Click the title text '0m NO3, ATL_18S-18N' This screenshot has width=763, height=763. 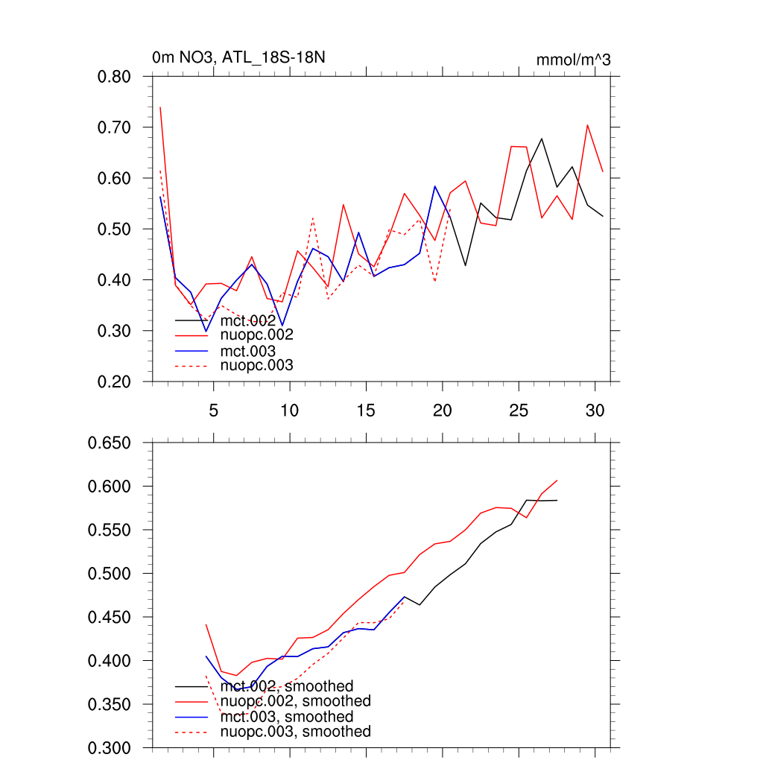click(x=238, y=57)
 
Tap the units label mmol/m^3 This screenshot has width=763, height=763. click(x=573, y=60)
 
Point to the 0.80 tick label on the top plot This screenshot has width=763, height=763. click(x=115, y=77)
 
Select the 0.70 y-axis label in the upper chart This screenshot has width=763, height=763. click(x=115, y=127)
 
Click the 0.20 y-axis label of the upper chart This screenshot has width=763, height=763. click(x=115, y=381)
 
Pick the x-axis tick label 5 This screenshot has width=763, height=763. click(x=213, y=411)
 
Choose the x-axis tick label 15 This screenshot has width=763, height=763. click(x=366, y=411)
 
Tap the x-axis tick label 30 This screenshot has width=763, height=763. click(x=595, y=411)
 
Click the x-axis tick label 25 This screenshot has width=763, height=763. click(x=519, y=411)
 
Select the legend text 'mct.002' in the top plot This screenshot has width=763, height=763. click(x=248, y=320)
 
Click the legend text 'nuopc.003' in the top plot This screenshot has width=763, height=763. click(x=257, y=366)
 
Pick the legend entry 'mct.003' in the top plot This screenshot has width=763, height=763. click(x=248, y=351)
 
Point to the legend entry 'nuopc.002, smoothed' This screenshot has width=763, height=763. click(x=295, y=701)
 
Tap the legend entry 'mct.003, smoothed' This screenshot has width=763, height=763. click(x=287, y=717)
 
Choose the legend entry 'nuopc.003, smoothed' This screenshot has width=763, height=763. click(x=295, y=732)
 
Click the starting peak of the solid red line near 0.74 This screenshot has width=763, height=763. click(x=160, y=107)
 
